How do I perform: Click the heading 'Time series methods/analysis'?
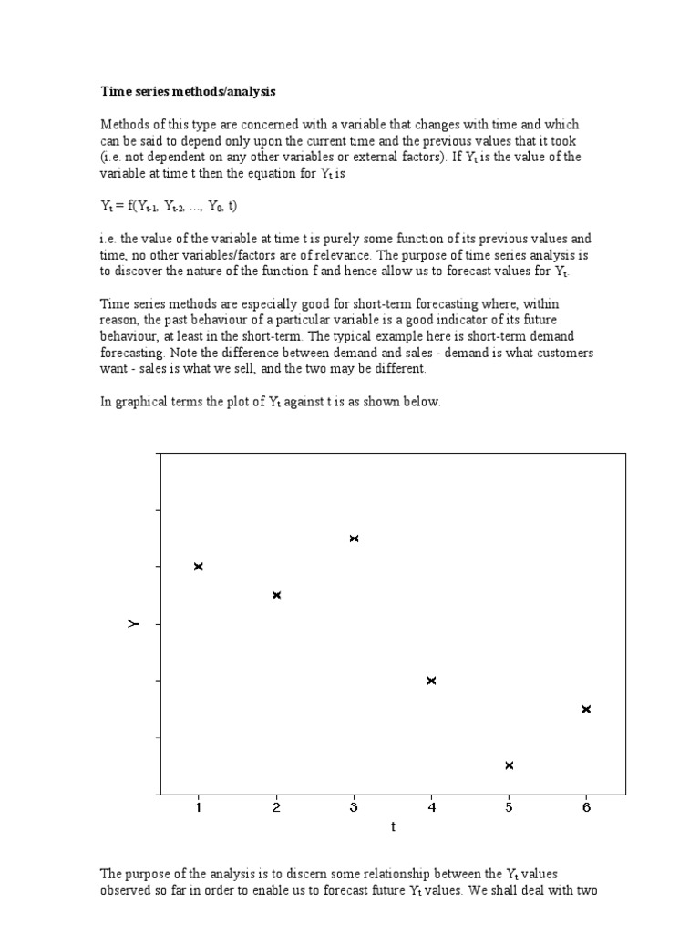coord(187,92)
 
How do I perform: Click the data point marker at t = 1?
coord(199,567)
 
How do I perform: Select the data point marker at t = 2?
coord(276,595)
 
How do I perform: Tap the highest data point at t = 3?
coord(354,538)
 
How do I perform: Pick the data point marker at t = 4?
coord(431,681)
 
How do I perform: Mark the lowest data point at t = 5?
coord(509,765)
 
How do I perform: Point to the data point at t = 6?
coord(586,709)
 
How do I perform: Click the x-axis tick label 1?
coord(199,806)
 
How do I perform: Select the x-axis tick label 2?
coord(276,806)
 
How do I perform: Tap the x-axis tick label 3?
coord(354,806)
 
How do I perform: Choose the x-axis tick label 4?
coord(431,806)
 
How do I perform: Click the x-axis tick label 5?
coord(509,806)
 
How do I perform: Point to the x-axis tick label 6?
coord(586,806)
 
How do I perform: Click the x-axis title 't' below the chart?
coord(393,827)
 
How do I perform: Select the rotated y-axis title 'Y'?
coord(134,624)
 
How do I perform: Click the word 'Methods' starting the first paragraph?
coord(123,125)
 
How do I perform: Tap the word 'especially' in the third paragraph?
coord(259,304)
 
